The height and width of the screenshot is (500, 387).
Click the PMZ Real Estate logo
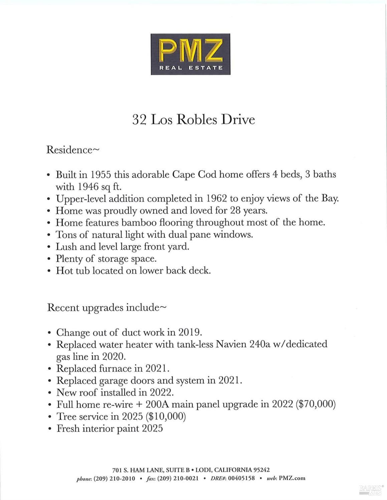coord(190,54)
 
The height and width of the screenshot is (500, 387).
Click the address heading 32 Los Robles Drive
coord(193,119)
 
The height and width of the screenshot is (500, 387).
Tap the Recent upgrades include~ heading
coord(106,307)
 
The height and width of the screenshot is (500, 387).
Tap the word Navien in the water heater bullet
coord(231,344)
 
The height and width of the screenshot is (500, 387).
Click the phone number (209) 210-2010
coord(114,478)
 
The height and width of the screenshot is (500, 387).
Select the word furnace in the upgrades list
coord(115,369)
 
